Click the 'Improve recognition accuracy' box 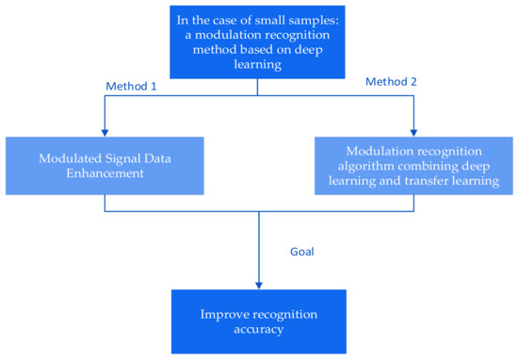[x=258, y=322]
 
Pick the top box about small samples [x=258, y=39]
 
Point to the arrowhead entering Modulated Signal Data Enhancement [x=103, y=134]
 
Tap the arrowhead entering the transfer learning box [x=413, y=134]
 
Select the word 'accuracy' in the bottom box [x=258, y=331]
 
